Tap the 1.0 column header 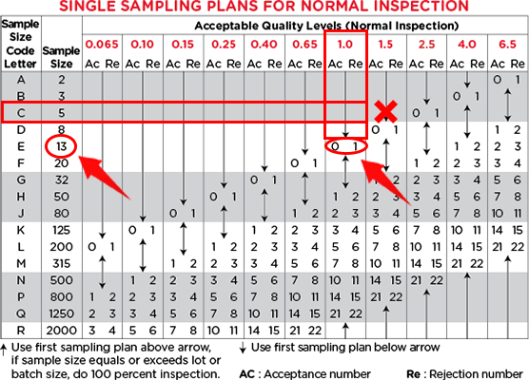click(344, 44)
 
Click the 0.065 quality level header click(102, 44)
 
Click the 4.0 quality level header click(467, 44)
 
